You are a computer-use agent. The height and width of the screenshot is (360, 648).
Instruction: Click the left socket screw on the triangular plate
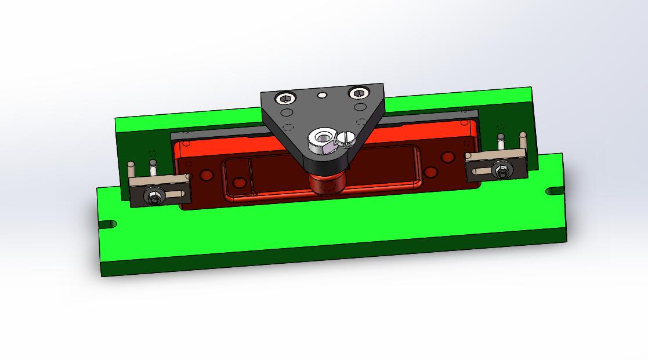285,99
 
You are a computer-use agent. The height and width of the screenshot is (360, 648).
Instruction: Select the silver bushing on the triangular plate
320,139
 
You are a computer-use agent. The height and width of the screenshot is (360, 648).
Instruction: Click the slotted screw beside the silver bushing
347,137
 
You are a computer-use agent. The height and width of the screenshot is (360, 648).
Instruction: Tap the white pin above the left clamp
153,166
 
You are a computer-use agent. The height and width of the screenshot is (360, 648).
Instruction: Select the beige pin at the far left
131,170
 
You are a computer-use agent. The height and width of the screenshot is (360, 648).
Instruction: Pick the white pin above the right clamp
501,141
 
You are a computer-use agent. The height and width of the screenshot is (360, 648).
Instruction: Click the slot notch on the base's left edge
107,224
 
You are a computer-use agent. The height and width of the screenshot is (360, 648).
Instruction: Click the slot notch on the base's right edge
553,190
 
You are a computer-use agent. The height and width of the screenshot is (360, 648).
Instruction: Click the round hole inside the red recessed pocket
239,184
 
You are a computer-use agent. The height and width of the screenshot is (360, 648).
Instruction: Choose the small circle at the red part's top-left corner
186,143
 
